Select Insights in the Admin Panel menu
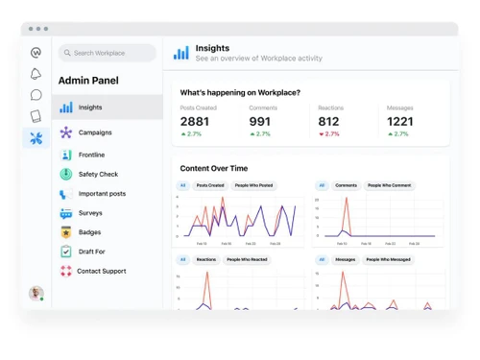(90, 108)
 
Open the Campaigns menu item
(94, 132)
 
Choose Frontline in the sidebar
(91, 155)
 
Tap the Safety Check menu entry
(98, 174)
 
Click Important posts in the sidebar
(102, 194)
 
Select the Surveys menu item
(90, 213)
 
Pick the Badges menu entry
(89, 232)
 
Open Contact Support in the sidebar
(101, 272)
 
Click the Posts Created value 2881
(194, 122)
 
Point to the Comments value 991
(259, 122)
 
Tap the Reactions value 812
(328, 122)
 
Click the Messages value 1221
(400, 122)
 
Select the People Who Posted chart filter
(252, 185)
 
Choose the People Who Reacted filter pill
(248, 259)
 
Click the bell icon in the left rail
(36, 74)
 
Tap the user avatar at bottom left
(36, 293)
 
